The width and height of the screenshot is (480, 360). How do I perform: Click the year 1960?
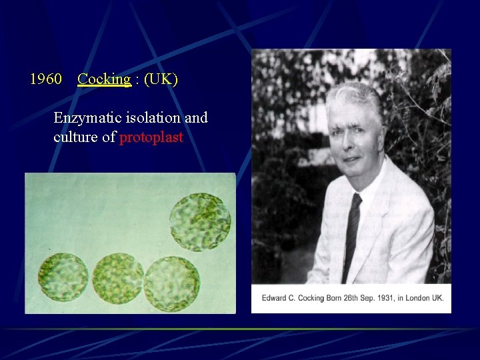[x=46, y=79]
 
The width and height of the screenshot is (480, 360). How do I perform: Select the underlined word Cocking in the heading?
[x=103, y=79]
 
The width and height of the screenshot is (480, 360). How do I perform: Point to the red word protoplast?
[x=151, y=138]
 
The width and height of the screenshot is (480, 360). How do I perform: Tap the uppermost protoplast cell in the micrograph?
[x=200, y=221]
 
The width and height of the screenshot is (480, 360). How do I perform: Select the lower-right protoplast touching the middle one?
[x=172, y=283]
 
